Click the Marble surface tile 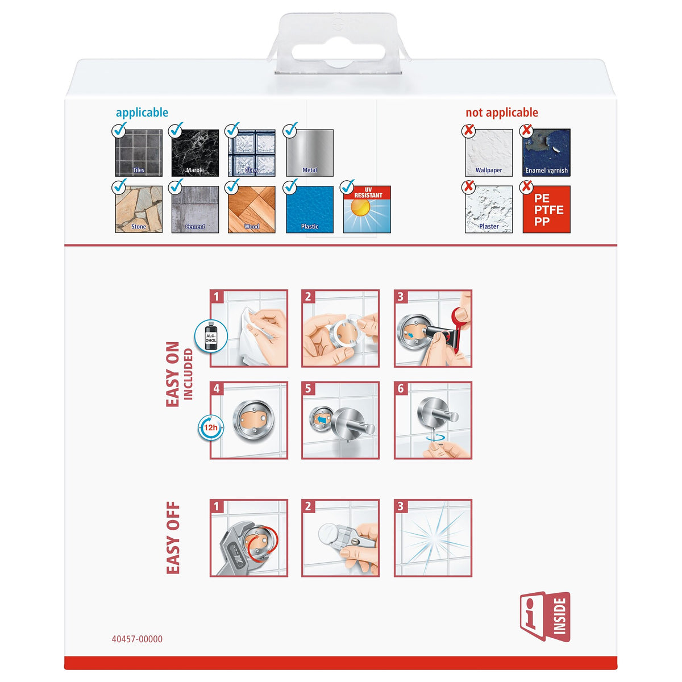coord(195,153)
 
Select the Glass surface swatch coord(252,153)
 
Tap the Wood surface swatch coord(252,209)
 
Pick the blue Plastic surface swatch coord(310,209)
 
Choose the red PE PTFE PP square coord(546,209)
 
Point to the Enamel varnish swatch coord(546,153)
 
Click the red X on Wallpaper coord(468,130)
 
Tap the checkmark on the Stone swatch coord(119,186)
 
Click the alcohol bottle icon coord(211,336)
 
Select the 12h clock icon coord(211,427)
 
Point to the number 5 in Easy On coord(308,388)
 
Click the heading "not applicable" coord(501,113)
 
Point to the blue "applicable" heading coord(142,113)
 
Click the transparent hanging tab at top coord(339,44)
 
